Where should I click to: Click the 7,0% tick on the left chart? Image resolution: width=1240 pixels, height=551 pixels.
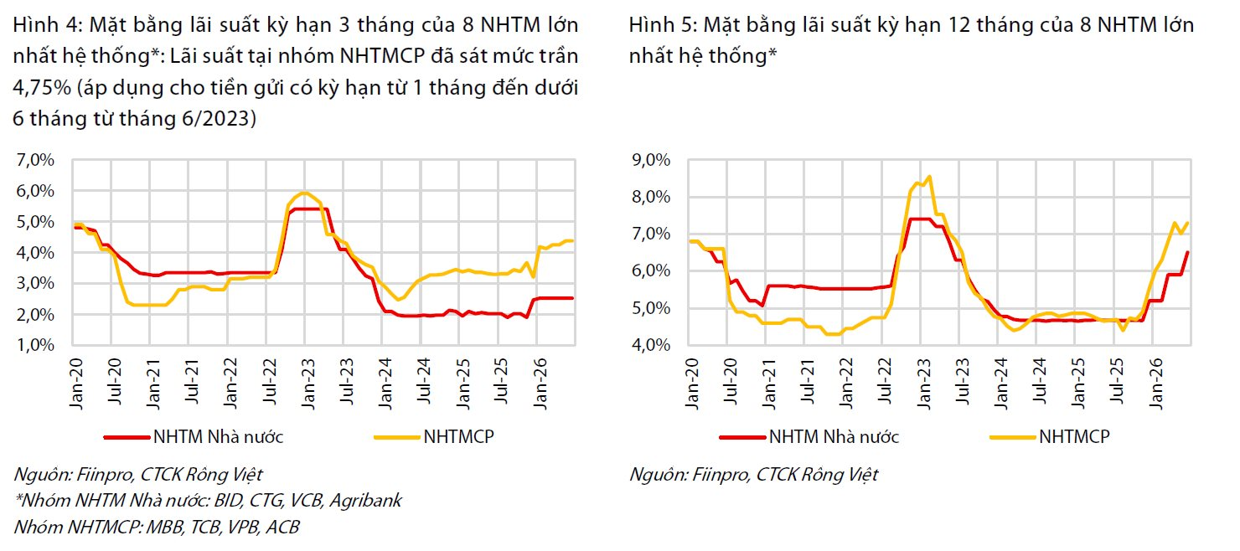coord(36,160)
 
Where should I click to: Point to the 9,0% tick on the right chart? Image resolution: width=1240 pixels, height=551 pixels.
coord(651,160)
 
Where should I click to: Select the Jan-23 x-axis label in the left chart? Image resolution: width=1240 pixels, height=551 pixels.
coord(307,384)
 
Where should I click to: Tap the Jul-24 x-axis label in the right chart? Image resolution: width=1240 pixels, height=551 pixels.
coord(1039,381)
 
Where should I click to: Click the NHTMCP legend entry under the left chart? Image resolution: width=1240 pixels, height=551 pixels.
coord(459,436)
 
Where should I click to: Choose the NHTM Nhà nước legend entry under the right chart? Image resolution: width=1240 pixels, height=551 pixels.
coord(834,436)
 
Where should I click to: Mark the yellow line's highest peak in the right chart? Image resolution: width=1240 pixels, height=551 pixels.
coord(929,177)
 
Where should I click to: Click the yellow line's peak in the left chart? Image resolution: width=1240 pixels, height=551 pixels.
coord(303,193)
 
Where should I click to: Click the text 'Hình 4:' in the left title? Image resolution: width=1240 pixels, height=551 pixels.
coord(48,25)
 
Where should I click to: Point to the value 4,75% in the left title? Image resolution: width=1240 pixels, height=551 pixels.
coord(42,87)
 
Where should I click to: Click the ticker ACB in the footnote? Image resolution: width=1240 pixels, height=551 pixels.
coord(282,527)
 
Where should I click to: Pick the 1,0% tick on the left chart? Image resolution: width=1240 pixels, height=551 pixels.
coord(36,345)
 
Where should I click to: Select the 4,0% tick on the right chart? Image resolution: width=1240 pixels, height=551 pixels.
coord(651,345)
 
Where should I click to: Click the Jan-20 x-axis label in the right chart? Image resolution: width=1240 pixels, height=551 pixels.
coord(692,384)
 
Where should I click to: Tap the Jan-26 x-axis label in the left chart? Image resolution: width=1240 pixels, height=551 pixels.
coord(540,384)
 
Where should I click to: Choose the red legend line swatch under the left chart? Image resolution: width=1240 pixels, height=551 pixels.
coord(127,437)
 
